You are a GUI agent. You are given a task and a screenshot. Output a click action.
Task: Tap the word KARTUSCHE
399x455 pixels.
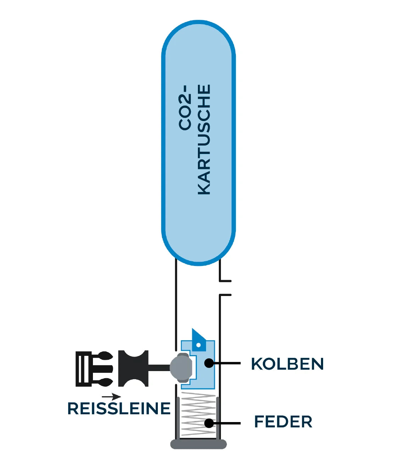pyautogui.click(x=204, y=140)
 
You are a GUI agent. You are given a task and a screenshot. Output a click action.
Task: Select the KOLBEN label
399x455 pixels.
pyautogui.click(x=287, y=364)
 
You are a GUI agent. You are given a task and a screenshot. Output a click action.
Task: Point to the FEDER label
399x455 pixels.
pyautogui.click(x=283, y=422)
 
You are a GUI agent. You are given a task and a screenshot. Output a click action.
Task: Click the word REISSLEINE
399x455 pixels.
pyautogui.click(x=119, y=409)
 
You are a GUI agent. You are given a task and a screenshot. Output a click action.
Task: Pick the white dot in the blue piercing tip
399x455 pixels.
pyautogui.click(x=199, y=345)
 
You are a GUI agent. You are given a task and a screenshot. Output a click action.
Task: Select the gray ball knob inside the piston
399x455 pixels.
pyautogui.click(x=181, y=367)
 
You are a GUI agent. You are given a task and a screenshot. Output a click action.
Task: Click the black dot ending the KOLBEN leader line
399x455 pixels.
pyautogui.click(x=209, y=363)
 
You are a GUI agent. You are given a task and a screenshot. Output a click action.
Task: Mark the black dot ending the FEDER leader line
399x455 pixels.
pyautogui.click(x=209, y=423)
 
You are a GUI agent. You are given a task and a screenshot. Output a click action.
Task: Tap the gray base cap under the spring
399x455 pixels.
pyautogui.click(x=198, y=444)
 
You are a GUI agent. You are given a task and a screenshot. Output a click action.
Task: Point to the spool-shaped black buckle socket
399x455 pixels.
pyautogui.click(x=133, y=368)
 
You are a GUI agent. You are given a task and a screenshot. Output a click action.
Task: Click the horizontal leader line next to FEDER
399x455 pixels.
pyautogui.click(x=227, y=423)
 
